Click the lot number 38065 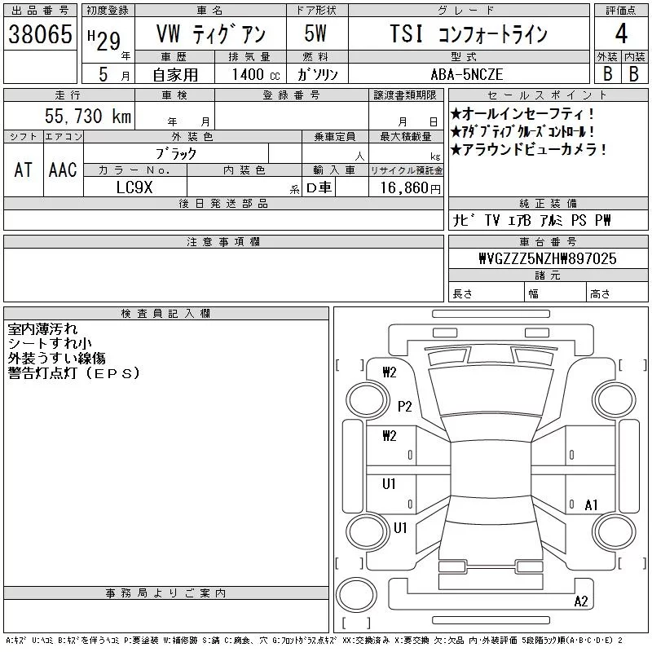click(x=40, y=34)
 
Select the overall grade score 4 click(x=621, y=33)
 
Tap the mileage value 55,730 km click(x=88, y=116)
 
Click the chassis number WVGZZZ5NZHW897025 click(x=548, y=258)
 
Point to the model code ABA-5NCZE click(x=467, y=74)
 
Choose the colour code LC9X click(x=134, y=187)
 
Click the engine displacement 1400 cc click(x=256, y=74)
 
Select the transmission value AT click(x=24, y=170)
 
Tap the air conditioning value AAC click(x=63, y=170)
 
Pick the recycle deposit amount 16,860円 click(x=411, y=188)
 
